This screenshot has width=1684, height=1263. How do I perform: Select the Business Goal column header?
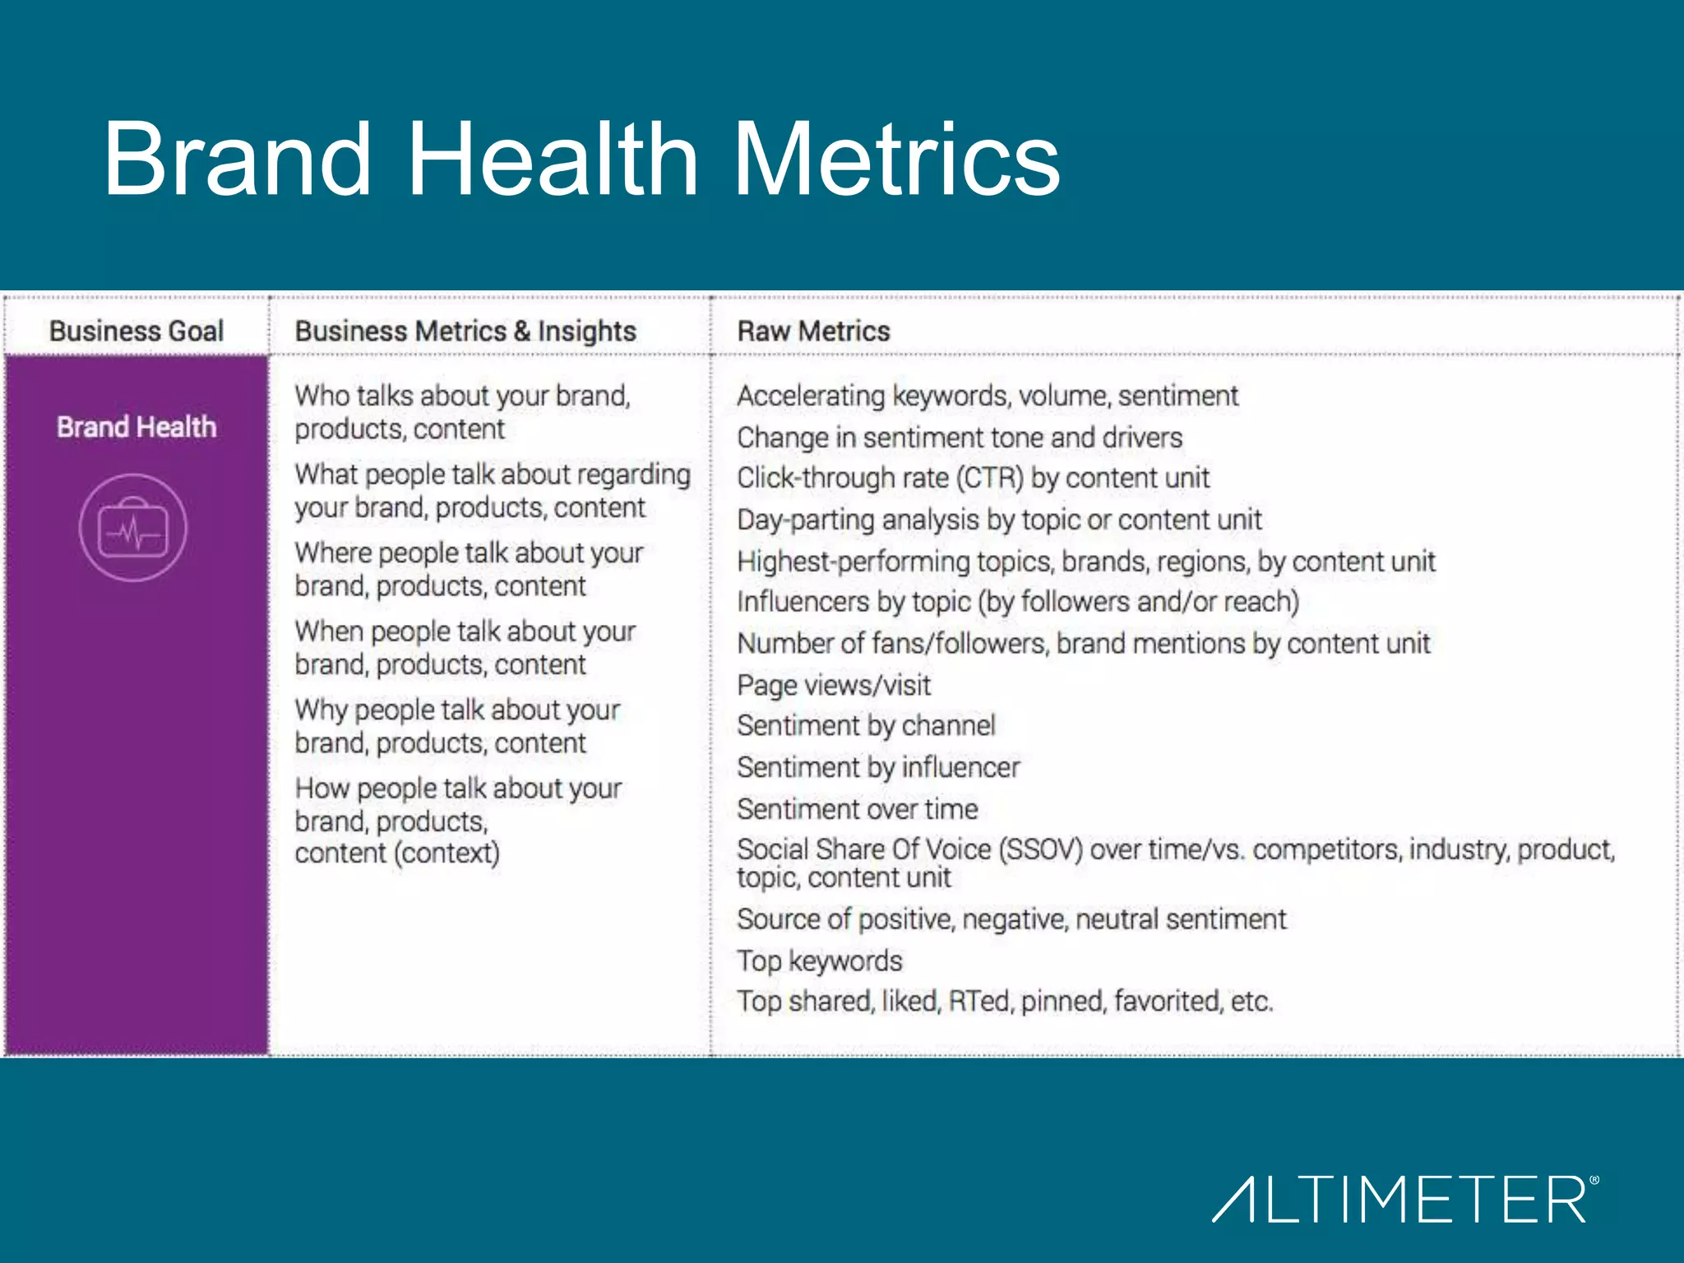[x=136, y=331]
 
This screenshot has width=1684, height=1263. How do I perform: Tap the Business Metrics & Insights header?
[x=465, y=331]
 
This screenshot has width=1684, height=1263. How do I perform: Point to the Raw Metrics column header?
[x=813, y=331]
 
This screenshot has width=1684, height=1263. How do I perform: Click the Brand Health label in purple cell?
[x=136, y=427]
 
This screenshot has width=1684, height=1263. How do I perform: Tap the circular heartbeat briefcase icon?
[x=133, y=528]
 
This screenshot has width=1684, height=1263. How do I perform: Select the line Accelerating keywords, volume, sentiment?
[x=987, y=396]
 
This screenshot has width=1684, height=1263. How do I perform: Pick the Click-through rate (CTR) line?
[x=973, y=478]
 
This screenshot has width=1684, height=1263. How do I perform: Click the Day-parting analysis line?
[x=998, y=520]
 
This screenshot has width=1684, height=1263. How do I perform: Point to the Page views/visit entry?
[x=834, y=685]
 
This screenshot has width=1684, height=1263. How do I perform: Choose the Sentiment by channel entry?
[x=866, y=725]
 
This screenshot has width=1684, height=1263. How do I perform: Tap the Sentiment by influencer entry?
[x=878, y=767]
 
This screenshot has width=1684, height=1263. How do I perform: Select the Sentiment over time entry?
[x=857, y=809]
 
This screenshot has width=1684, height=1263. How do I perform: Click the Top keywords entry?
[x=819, y=960]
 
